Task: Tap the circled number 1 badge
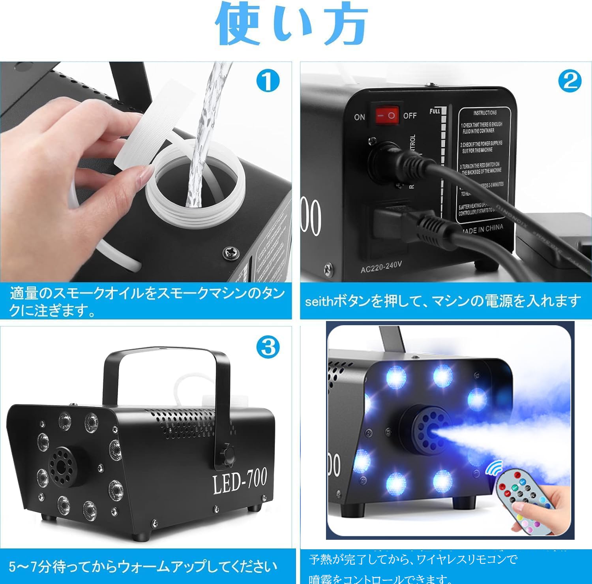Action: [268, 81]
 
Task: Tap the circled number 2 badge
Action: [570, 81]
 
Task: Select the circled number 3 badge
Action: [268, 347]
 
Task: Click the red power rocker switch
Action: [386, 115]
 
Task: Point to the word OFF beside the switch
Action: [410, 116]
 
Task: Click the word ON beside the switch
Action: [360, 117]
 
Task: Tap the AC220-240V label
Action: [381, 267]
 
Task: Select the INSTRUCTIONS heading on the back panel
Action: [485, 113]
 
